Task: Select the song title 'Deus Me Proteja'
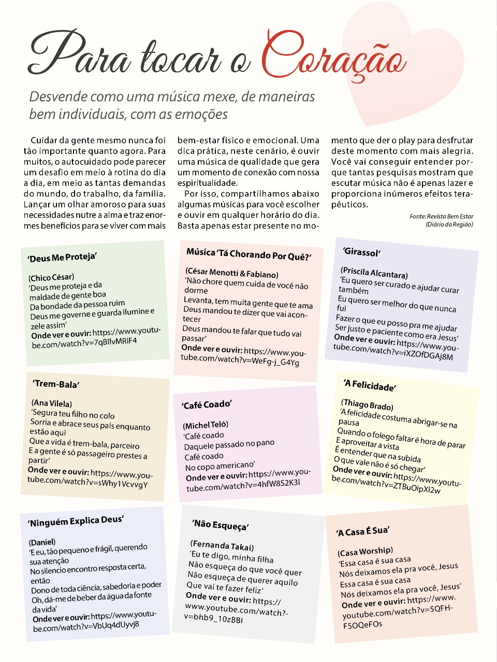tap(63, 258)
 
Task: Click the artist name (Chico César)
tap(51, 277)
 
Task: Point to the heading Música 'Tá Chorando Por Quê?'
tap(248, 254)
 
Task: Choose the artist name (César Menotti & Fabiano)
tap(231, 273)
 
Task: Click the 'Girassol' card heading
tap(361, 252)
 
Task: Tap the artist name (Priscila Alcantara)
tap(374, 273)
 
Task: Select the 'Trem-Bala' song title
tap(56, 384)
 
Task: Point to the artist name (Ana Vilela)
tap(52, 403)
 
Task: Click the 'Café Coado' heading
tap(207, 404)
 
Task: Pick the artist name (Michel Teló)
tap(206, 425)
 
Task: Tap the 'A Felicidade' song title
tap(370, 385)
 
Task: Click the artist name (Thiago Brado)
tap(367, 404)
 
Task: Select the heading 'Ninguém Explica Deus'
tap(76, 521)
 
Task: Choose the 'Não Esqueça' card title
tap(221, 525)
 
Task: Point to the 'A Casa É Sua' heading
tap(362, 531)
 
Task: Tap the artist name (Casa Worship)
tap(365, 551)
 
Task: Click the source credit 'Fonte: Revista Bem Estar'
tap(441, 216)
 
